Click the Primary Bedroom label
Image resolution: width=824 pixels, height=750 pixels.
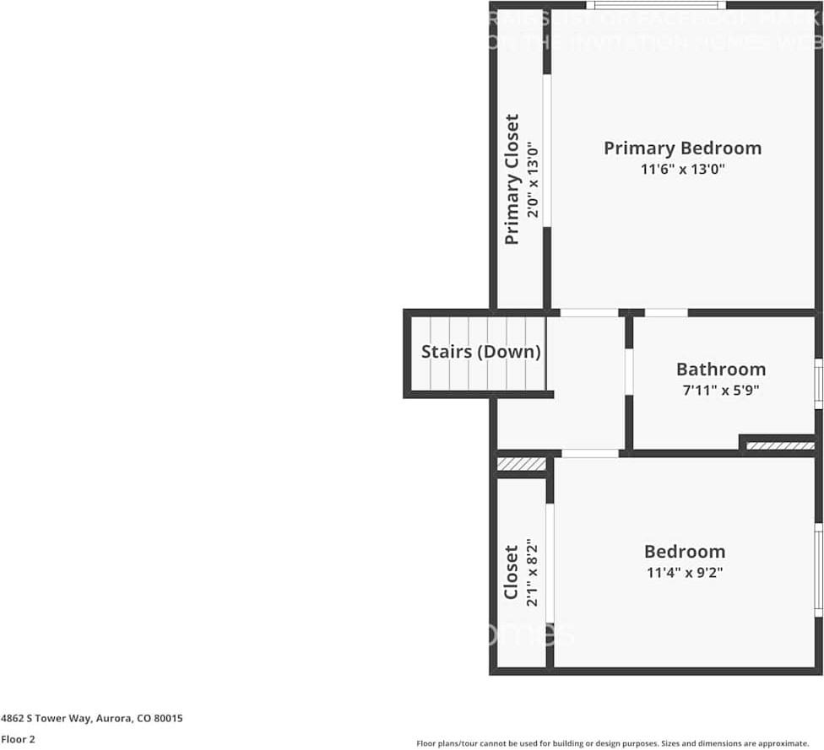tap(682, 148)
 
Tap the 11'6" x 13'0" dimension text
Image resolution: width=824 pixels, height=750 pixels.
tap(682, 170)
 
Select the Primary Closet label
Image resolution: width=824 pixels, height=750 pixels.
tap(512, 179)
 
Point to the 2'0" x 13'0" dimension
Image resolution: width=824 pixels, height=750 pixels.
tap(532, 179)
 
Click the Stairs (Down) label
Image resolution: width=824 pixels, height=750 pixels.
tap(480, 352)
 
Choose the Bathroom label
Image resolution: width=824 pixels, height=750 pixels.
tap(721, 370)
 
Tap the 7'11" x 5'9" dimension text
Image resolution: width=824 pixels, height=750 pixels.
tap(721, 391)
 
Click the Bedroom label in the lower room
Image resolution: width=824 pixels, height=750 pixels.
tap(684, 552)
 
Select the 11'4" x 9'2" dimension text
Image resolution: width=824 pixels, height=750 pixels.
tap(684, 572)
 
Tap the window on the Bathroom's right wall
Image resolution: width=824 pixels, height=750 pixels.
tap(817, 384)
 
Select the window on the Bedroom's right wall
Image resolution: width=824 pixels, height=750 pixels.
tap(817, 569)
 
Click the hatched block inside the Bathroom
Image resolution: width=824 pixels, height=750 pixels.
tap(780, 445)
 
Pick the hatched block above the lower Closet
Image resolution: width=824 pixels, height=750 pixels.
tap(521, 464)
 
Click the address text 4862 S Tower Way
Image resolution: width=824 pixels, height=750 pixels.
tap(91, 719)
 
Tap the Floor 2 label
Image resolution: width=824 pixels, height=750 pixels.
tap(18, 740)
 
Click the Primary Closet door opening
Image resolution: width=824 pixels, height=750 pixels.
tap(547, 150)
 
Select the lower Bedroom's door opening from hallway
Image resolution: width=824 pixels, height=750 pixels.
tap(590, 454)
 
